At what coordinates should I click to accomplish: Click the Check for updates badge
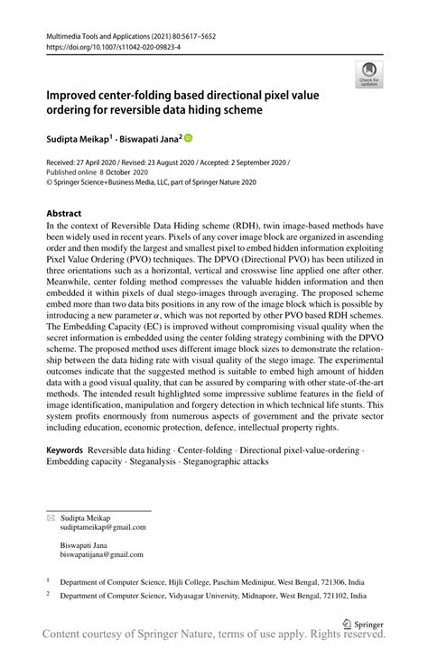[x=368, y=74]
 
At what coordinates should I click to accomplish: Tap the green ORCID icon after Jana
[x=188, y=138]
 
